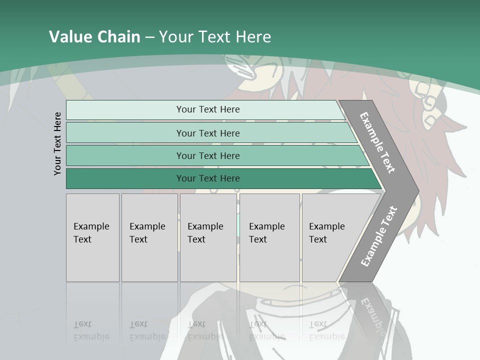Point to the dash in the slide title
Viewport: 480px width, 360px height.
[149, 37]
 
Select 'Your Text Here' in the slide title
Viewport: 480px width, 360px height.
[215, 37]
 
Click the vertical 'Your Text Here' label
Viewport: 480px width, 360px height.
[57, 143]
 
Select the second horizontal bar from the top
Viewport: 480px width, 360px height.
[207, 133]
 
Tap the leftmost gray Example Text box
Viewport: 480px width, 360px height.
[92, 237]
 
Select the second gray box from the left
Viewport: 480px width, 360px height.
[149, 237]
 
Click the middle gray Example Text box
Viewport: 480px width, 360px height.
[208, 237]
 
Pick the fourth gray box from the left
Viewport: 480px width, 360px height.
[269, 237]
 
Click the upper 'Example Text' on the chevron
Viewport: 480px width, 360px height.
[377, 142]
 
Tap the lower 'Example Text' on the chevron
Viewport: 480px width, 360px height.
[378, 236]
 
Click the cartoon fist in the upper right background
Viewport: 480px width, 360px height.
[425, 95]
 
